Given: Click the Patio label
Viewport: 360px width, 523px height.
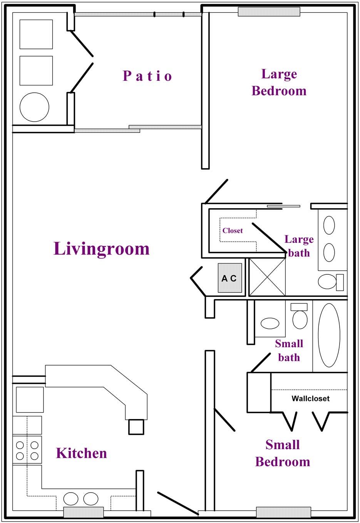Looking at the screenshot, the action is click(147, 76).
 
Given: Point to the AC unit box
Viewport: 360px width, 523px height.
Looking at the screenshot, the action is click(229, 278).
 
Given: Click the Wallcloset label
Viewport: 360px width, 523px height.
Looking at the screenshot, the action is click(310, 398).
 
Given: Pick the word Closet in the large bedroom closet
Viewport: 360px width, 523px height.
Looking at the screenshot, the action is click(233, 231).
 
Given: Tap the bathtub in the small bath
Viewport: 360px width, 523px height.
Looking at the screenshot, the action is click(329, 335).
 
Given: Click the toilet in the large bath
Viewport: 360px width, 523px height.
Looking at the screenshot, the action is click(331, 282).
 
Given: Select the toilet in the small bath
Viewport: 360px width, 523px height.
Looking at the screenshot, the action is click(300, 316).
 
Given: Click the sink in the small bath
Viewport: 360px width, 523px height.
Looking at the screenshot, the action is click(270, 323).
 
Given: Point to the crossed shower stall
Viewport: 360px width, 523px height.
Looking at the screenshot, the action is click(267, 277).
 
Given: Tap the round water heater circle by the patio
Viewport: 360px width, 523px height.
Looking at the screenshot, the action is click(34, 107).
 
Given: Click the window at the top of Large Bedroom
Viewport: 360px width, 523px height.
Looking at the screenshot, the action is click(269, 12).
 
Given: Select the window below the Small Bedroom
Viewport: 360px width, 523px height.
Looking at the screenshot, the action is click(283, 512).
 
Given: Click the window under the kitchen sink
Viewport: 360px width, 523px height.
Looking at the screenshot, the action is click(84, 512).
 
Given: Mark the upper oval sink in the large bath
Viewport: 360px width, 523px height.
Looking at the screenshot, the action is click(329, 225).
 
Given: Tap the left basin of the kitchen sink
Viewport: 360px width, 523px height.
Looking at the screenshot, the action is click(71, 498).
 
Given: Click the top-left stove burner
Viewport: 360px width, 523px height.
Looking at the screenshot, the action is click(20, 445).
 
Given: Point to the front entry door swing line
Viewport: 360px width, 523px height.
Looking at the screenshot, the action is click(178, 503).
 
